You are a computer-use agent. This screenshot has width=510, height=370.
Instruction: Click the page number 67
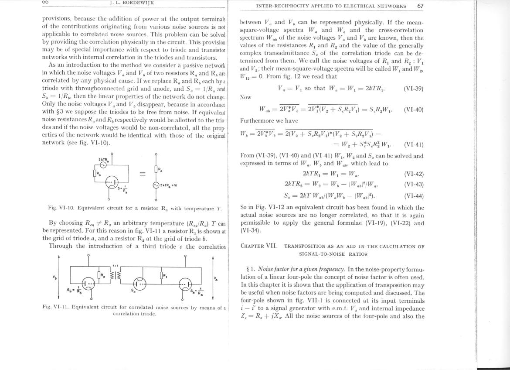(x=420, y=6)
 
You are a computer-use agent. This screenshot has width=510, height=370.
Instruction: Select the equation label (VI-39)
(x=413, y=88)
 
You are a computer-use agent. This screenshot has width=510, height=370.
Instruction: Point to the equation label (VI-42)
(x=413, y=174)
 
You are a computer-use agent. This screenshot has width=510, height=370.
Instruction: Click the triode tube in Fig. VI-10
(x=112, y=183)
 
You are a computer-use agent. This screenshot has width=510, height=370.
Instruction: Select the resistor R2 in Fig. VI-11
(x=101, y=275)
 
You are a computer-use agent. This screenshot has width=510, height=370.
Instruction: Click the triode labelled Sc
(x=139, y=283)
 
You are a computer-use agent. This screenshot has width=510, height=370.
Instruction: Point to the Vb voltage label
(x=54, y=277)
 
